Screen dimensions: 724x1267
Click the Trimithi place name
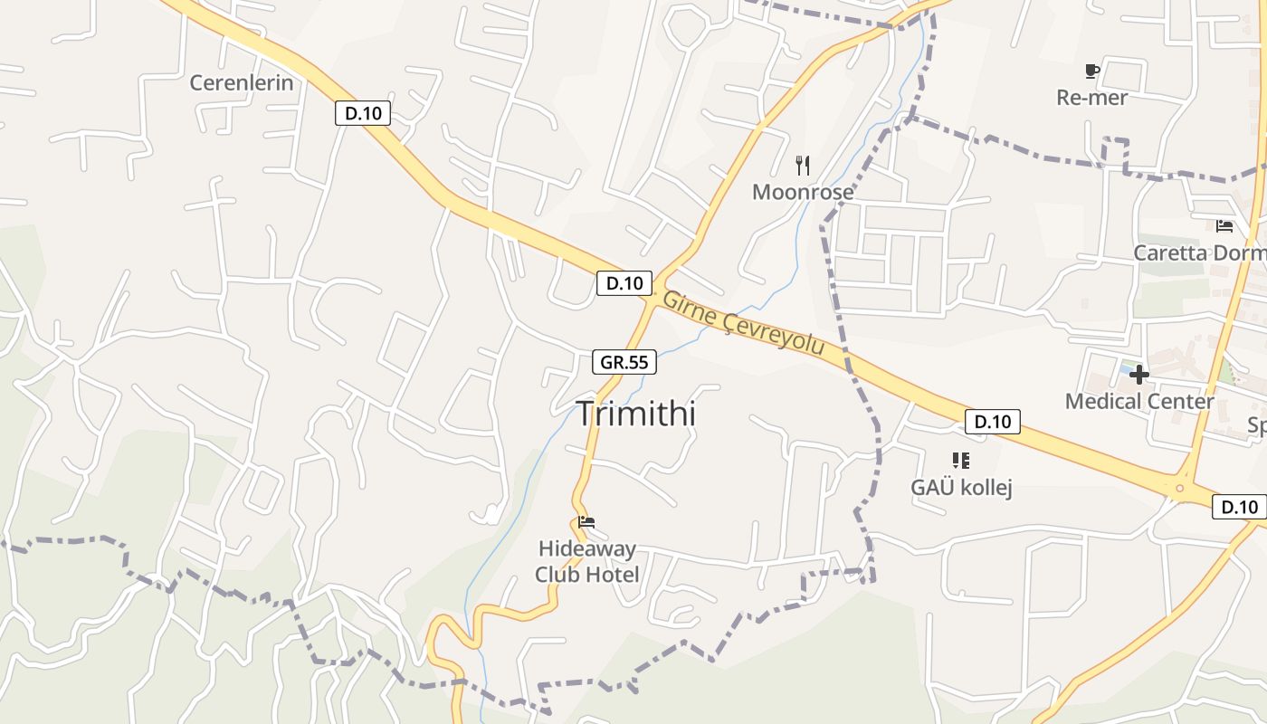click(636, 414)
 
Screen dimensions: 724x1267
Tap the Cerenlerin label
click(242, 83)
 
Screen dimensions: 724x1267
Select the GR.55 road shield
click(624, 362)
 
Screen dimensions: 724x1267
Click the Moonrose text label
click(803, 193)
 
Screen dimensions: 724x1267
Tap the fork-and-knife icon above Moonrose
click(802, 165)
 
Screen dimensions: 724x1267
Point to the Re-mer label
click(1091, 98)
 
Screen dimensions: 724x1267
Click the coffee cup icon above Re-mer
click(1091, 71)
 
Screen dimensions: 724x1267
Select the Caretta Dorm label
click(1200, 252)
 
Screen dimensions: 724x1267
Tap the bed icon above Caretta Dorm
click(1224, 226)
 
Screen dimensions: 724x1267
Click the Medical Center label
click(1139, 401)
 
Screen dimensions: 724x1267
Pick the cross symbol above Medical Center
click(1138, 374)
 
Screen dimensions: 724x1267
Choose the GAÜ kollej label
click(961, 488)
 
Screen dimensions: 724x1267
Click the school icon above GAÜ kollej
click(961, 461)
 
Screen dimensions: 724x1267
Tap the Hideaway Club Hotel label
click(586, 561)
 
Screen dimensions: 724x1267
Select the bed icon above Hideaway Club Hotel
click(586, 522)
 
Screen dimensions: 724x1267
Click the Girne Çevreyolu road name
click(744, 322)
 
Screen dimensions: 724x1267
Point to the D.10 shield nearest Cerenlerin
click(363, 113)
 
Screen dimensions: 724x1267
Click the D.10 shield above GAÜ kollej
click(993, 421)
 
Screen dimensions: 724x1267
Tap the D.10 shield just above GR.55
click(624, 283)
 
